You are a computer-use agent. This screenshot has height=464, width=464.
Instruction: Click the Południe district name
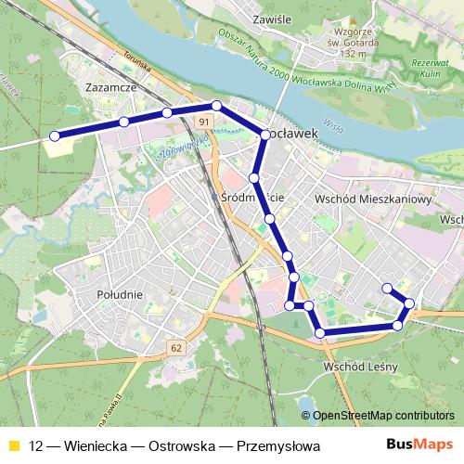tap(118, 294)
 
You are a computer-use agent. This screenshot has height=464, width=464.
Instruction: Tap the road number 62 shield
tap(176, 347)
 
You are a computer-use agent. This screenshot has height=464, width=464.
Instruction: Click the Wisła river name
tap(332, 125)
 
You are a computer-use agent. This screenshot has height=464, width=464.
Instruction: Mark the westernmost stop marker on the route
tap(55, 136)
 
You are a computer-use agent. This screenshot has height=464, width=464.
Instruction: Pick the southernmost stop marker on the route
tap(320, 332)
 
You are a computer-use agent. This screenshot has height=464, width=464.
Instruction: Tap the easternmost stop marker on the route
tap(409, 303)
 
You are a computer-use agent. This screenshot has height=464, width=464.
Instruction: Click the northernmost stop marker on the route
tap(216, 106)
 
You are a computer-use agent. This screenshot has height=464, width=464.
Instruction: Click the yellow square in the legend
tap(13, 445)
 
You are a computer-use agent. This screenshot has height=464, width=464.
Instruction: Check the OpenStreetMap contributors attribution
tap(383, 416)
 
